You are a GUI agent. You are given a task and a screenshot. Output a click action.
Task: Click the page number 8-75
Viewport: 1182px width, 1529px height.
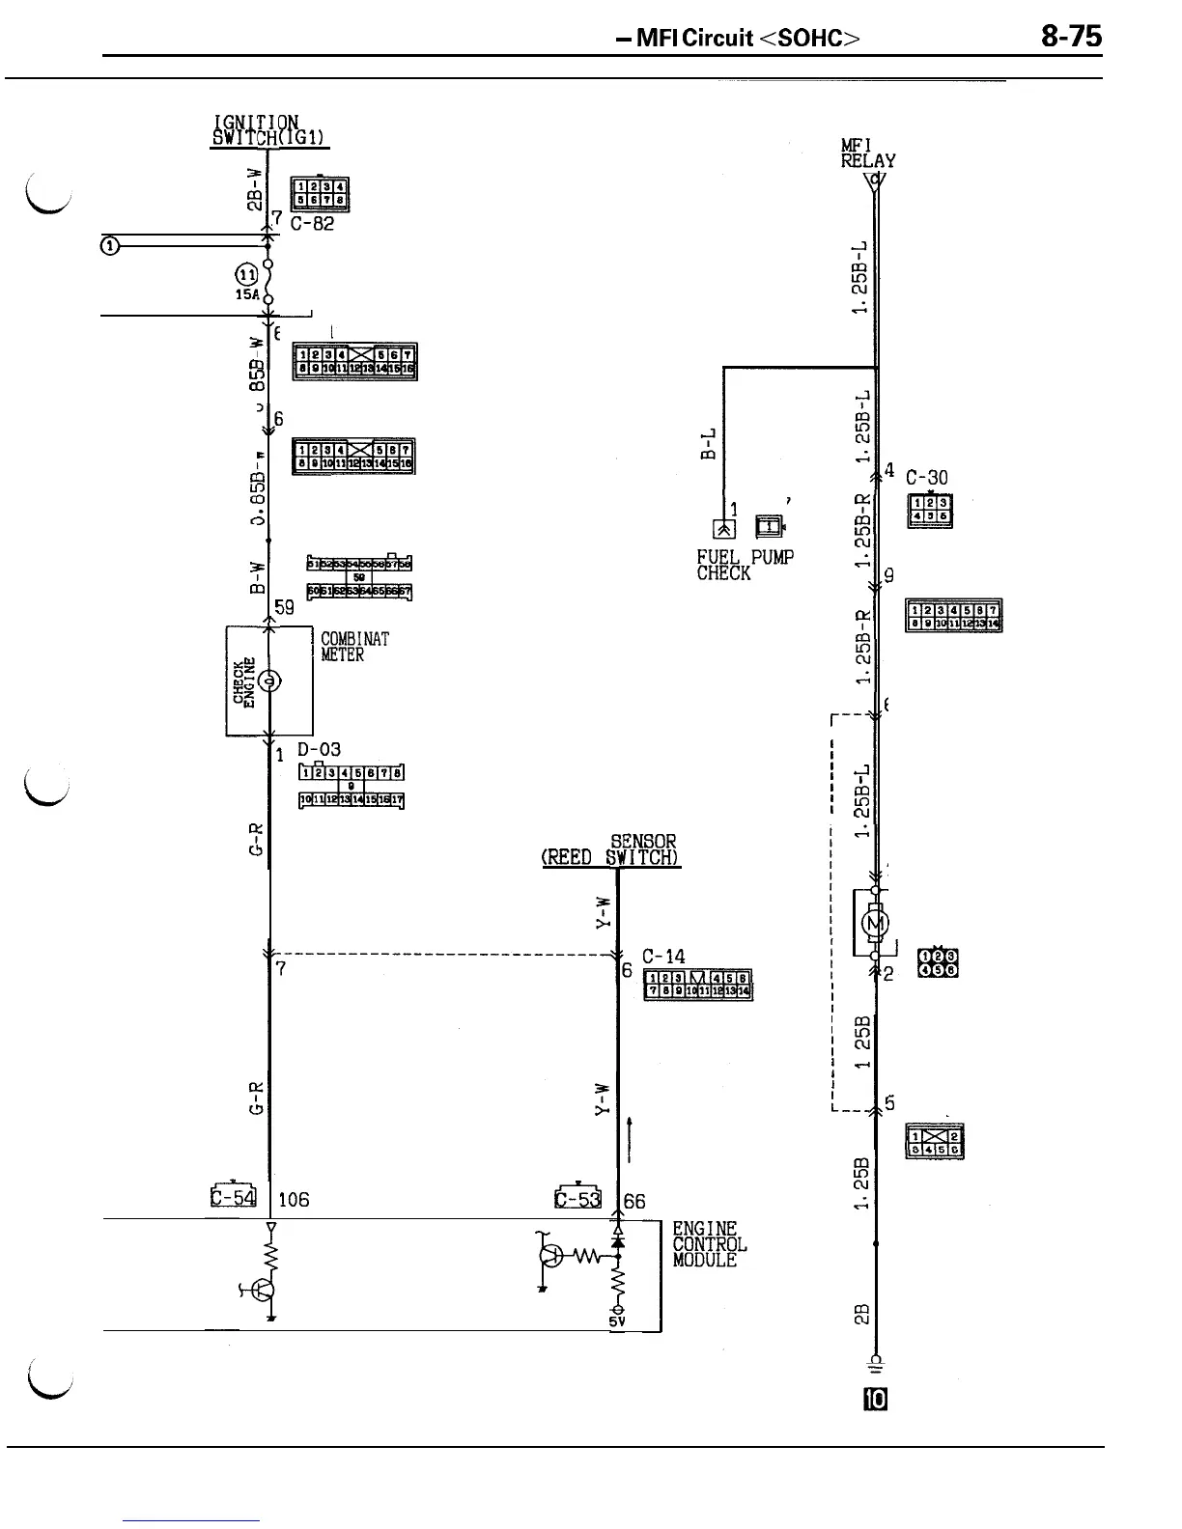[x=1071, y=37]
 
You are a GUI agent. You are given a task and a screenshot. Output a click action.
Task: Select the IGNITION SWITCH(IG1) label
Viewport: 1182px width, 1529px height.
[x=269, y=131]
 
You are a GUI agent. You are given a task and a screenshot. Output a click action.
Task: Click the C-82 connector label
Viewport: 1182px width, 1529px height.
[x=311, y=224]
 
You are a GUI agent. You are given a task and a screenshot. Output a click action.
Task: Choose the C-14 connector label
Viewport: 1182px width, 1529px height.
[x=663, y=957]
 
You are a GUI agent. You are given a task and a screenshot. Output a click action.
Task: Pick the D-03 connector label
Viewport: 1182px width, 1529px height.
[x=319, y=749]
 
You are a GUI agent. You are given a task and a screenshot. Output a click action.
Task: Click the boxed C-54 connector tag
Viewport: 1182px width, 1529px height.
[x=233, y=1197]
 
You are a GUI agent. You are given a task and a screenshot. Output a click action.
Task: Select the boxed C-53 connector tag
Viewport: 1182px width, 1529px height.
[x=577, y=1198]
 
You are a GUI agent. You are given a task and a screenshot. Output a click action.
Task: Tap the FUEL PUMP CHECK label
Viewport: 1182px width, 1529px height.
[x=745, y=565]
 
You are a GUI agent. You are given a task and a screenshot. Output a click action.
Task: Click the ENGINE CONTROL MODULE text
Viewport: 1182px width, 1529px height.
[x=709, y=1244]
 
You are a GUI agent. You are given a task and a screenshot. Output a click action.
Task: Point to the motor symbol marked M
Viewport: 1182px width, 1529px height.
[x=875, y=924]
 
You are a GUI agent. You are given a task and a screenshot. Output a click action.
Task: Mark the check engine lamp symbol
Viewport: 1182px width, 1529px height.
[x=271, y=681]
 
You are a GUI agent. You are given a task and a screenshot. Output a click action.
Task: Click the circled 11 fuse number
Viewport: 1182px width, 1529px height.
[x=246, y=274]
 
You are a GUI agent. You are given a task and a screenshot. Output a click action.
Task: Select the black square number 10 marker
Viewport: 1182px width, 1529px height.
[x=876, y=1400]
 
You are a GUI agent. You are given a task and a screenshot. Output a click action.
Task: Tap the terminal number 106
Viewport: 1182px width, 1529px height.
[x=294, y=1200]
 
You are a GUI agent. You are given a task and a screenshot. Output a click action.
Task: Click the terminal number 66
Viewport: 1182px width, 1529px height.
[x=634, y=1202]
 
